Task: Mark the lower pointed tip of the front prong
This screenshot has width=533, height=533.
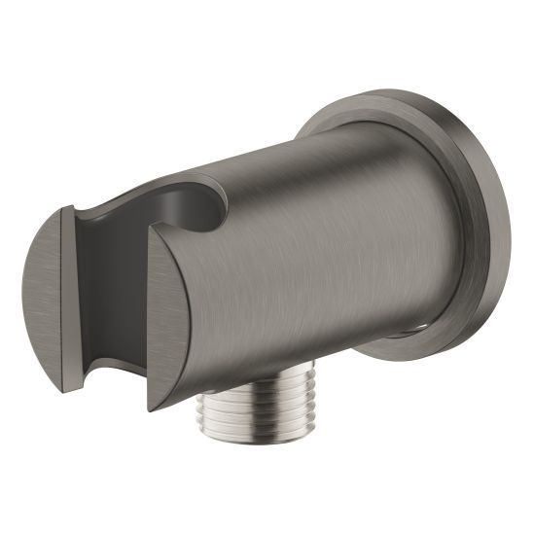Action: (x=156, y=409)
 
